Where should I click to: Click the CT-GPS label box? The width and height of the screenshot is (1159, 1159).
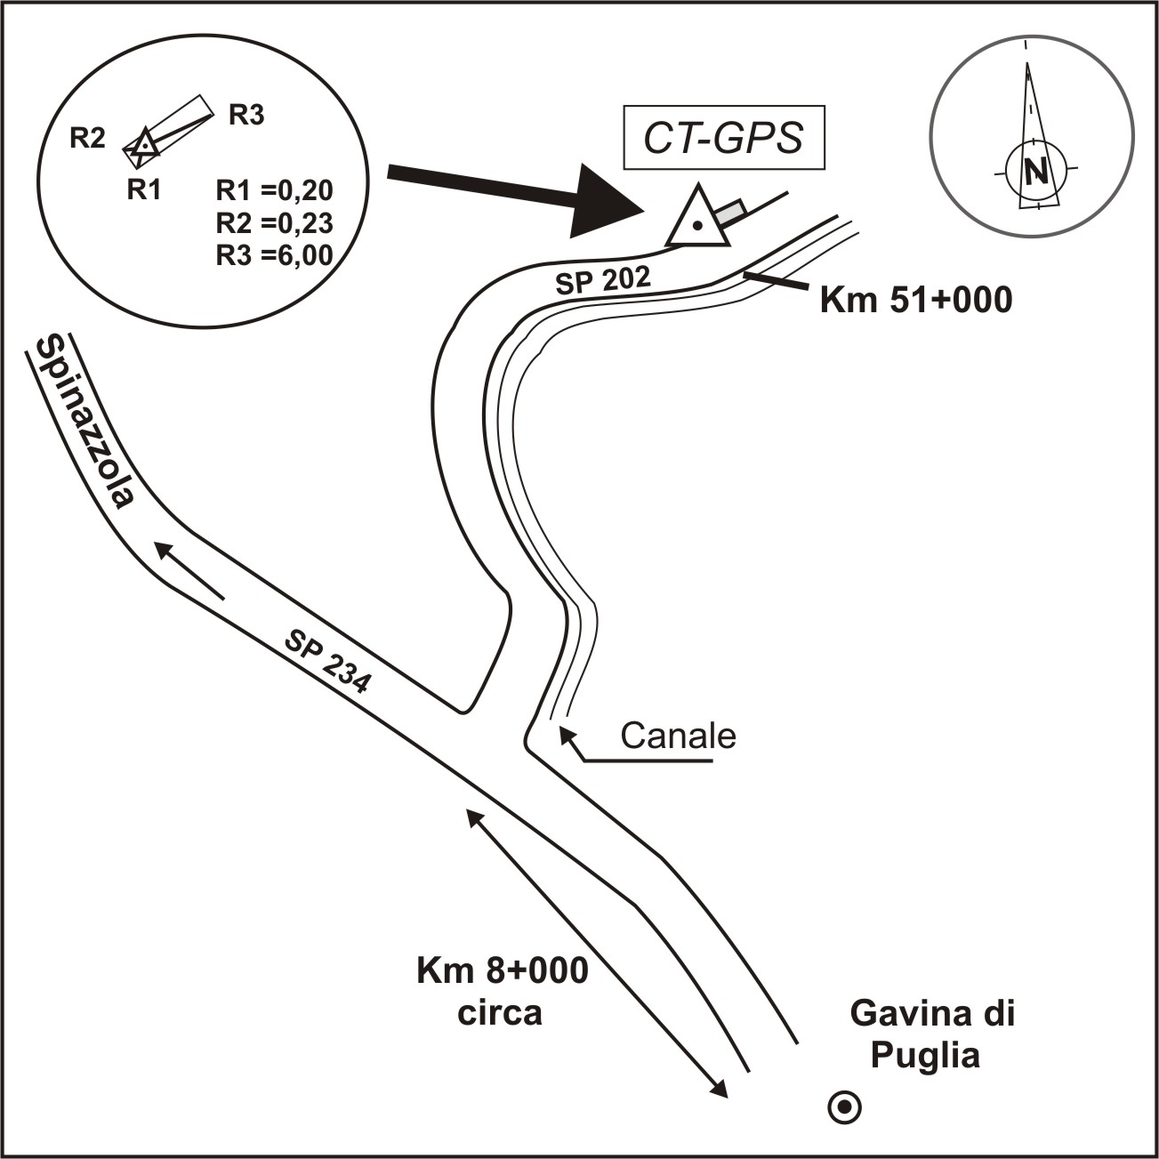tap(724, 138)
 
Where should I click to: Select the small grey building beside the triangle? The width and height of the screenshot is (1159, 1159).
tap(730, 213)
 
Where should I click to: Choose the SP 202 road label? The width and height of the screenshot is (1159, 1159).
tap(603, 281)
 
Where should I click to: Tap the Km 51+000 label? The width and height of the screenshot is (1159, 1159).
tap(915, 301)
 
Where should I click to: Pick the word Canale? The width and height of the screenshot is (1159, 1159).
tap(678, 736)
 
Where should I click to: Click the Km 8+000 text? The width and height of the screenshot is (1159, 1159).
tap(503, 970)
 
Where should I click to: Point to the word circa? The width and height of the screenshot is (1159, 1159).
tap(500, 1013)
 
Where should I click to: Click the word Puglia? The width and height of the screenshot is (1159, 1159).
tap(925, 1056)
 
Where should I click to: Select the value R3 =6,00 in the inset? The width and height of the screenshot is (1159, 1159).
tap(274, 255)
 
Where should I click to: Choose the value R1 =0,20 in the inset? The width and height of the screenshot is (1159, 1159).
tap(274, 191)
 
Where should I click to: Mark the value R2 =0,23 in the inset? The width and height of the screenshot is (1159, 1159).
tap(274, 223)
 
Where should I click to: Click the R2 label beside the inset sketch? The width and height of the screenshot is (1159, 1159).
tap(88, 138)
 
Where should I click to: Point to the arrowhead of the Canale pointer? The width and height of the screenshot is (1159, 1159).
tap(565, 735)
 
